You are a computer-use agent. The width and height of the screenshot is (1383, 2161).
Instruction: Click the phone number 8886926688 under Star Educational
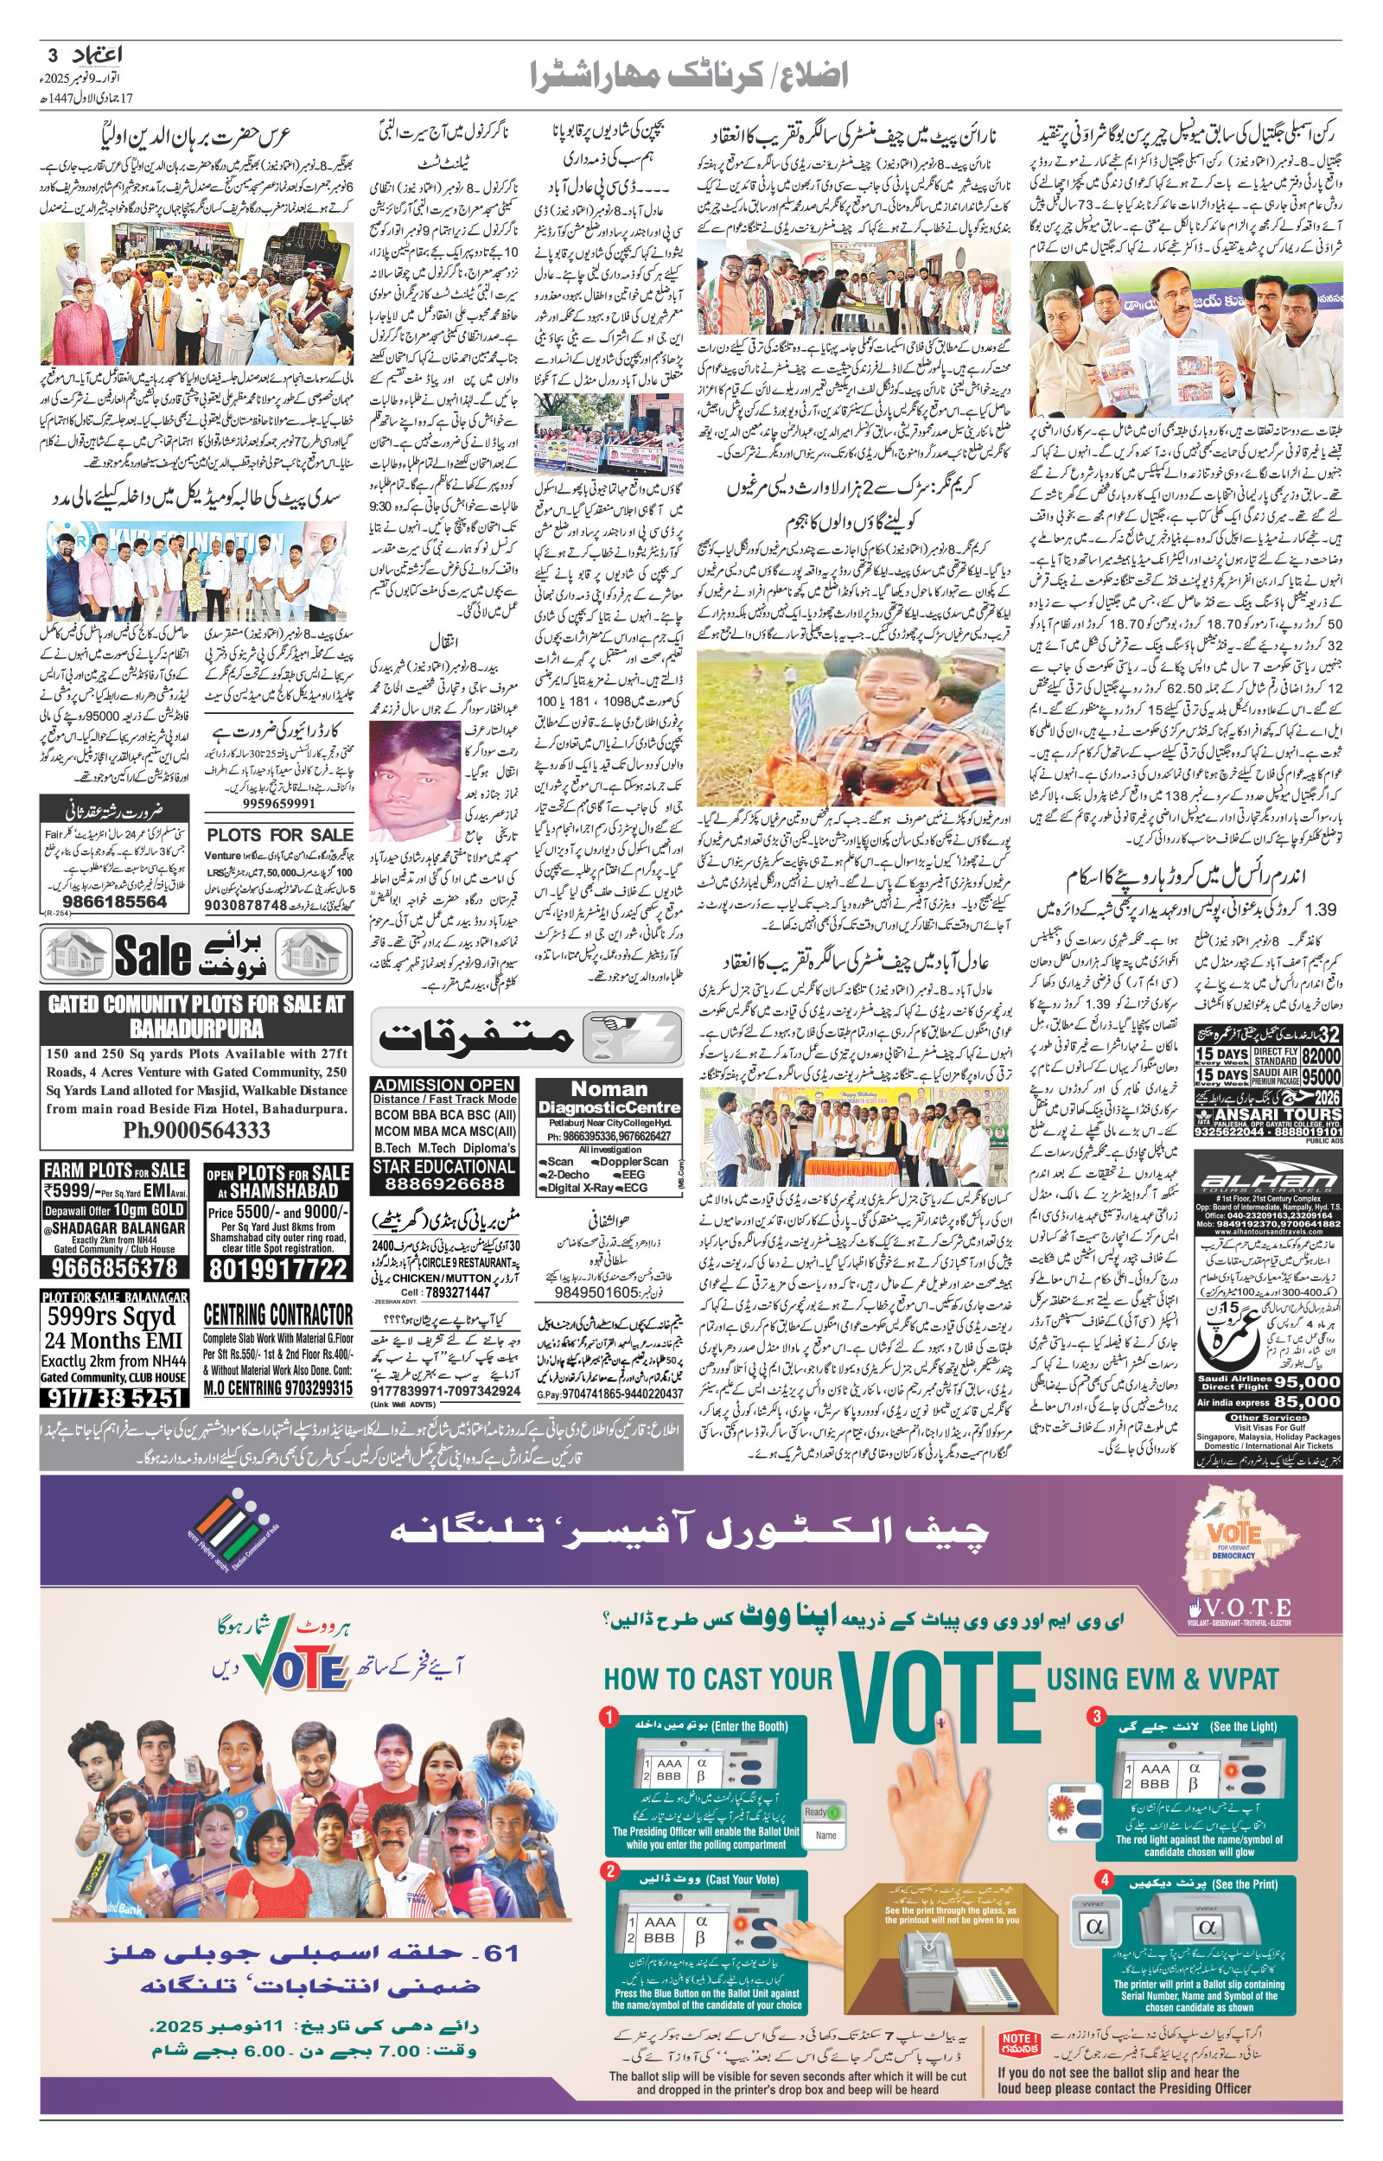coord(444,1183)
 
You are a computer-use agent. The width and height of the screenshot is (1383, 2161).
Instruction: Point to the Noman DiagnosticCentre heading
coord(609,1097)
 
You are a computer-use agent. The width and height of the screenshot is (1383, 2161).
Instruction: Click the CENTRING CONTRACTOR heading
coord(277,1315)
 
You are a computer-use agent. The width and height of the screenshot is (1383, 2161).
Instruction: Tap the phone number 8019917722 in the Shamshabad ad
coord(277,1269)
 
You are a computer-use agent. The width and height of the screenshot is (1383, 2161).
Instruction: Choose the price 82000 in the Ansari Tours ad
coord(1320,1055)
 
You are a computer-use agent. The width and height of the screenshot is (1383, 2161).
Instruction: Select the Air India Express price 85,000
coord(1307,1401)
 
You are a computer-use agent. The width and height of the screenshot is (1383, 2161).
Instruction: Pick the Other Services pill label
coord(1268,1418)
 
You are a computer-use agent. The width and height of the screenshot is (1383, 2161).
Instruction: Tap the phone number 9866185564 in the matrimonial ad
coord(114,902)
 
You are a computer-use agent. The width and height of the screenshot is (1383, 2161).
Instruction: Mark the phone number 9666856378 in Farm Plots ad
coord(114,1267)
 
